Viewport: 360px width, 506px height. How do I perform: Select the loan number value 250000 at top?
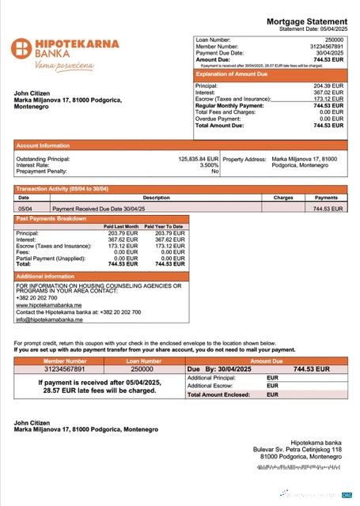[334, 39]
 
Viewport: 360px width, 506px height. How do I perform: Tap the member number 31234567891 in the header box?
[327, 46]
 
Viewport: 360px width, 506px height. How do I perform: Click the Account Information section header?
[44, 145]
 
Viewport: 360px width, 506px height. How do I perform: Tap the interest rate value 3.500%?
[209, 164]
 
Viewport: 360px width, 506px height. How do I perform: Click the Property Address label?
[244, 158]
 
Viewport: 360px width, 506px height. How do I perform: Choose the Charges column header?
[283, 198]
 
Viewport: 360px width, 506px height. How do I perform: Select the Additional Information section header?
[46, 276]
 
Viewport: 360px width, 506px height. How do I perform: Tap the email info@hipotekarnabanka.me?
[49, 319]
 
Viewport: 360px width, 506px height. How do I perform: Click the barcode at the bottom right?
[299, 467]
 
